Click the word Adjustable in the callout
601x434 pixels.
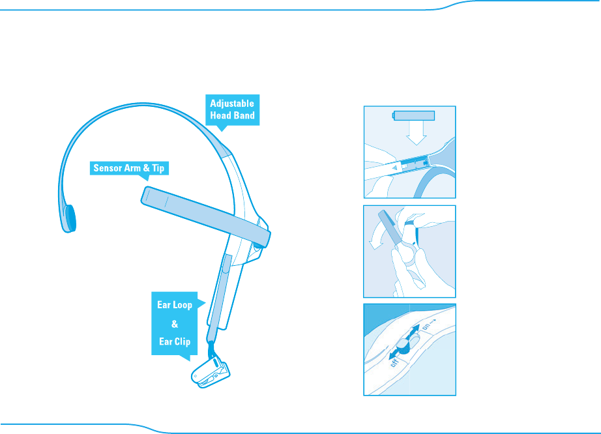[x=231, y=103]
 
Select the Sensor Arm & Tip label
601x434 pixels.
[x=127, y=168]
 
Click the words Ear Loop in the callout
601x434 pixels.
[x=174, y=305]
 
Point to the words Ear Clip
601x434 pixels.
[x=174, y=341]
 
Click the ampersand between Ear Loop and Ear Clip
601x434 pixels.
[x=174, y=323]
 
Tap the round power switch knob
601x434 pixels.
[x=402, y=348]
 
